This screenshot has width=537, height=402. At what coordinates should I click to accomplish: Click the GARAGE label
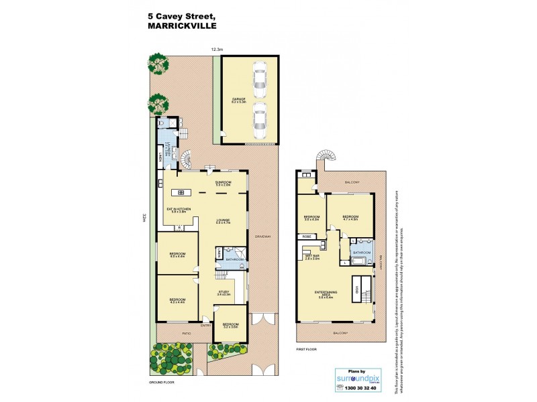click(x=238, y=99)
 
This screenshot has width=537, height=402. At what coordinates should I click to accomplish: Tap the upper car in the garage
click(x=259, y=80)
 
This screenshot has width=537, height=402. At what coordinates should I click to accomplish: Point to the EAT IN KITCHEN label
click(x=179, y=209)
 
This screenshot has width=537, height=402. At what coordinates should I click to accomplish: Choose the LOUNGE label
click(x=223, y=220)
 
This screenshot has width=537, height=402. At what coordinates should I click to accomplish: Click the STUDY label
click(x=223, y=293)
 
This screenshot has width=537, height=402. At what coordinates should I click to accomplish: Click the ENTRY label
click(x=205, y=326)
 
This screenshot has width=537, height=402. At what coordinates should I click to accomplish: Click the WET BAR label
click(x=311, y=255)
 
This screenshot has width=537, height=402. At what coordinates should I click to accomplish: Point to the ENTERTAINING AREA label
click(x=326, y=293)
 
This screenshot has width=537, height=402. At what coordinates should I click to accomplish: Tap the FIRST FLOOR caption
click(x=307, y=350)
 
